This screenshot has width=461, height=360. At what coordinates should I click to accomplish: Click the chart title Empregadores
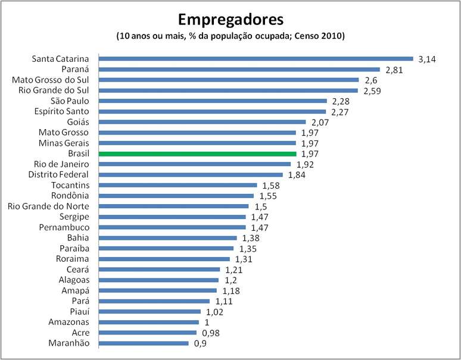[230, 19]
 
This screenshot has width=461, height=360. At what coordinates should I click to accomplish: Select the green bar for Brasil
[197, 154]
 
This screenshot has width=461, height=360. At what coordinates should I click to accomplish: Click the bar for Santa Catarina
[256, 58]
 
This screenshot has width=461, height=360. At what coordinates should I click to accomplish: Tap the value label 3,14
[428, 59]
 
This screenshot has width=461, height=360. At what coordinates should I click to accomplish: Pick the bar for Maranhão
[144, 343]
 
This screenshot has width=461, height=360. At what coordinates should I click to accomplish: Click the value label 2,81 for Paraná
[395, 70]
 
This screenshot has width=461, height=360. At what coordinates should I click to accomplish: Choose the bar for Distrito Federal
[192, 175]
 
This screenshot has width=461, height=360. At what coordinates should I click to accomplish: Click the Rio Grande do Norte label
[48, 206]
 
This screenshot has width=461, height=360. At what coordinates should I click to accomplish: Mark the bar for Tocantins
[177, 186]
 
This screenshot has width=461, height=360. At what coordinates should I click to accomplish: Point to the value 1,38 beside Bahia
[251, 238]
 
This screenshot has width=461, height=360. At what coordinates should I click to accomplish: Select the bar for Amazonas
[148, 323]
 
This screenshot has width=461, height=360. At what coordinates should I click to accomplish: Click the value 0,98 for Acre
[209, 333]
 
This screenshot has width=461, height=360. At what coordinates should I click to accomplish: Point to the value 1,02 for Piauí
[213, 312]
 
